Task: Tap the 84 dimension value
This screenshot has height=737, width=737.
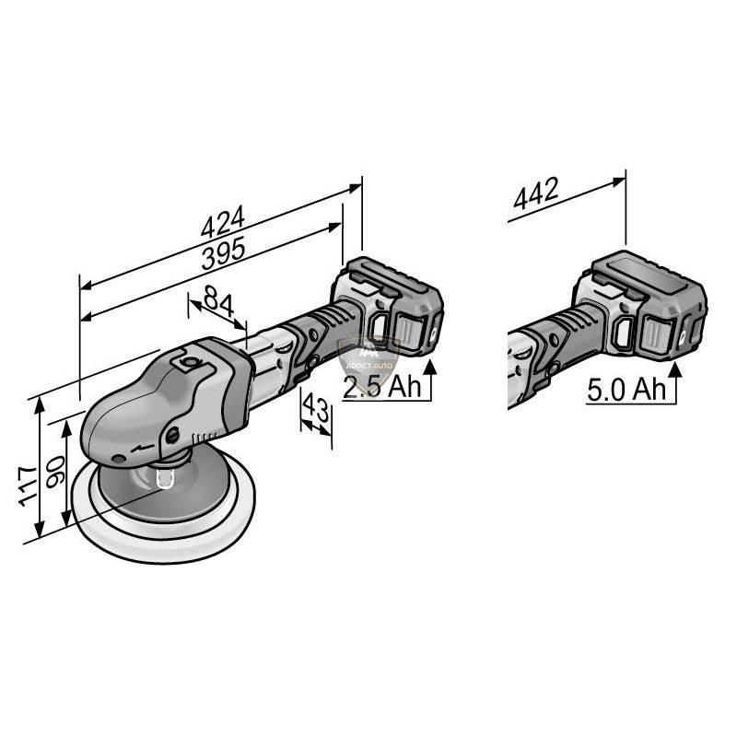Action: (216, 300)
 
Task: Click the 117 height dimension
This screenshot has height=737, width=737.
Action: (28, 485)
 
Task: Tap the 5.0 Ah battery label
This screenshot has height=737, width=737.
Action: (626, 389)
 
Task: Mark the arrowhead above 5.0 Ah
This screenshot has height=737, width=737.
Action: (676, 370)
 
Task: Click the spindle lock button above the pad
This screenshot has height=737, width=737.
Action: (166, 476)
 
